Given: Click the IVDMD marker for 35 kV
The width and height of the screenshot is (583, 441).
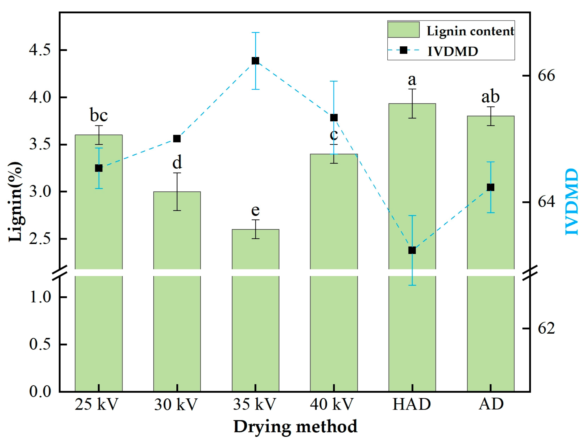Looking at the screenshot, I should pyautogui.click(x=255, y=61).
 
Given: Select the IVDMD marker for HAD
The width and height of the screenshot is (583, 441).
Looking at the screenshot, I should pyautogui.click(x=412, y=250).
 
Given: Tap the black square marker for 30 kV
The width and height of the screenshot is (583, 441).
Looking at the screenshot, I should pyautogui.click(x=177, y=138).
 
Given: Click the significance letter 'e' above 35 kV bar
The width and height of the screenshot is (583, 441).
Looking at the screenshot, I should pyautogui.click(x=255, y=210).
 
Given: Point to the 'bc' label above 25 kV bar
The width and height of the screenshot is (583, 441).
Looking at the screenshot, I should pyautogui.click(x=99, y=115).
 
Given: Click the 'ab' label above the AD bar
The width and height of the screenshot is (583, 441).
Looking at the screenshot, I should pyautogui.click(x=491, y=97).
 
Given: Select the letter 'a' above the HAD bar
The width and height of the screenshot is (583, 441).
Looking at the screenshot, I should pyautogui.click(x=412, y=80).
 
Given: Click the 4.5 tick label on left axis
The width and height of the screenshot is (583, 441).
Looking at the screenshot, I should pyautogui.click(x=40, y=50).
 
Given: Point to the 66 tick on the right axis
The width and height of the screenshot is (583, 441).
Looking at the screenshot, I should pyautogui.click(x=546, y=76).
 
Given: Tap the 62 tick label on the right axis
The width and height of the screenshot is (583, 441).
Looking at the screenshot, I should pyautogui.click(x=546, y=328).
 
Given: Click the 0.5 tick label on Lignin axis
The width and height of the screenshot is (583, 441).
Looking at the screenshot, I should pyautogui.click(x=40, y=345).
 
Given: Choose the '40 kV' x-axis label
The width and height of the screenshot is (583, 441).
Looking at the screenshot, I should pyautogui.click(x=332, y=405).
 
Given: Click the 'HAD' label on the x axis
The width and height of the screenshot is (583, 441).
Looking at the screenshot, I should pyautogui.click(x=412, y=405).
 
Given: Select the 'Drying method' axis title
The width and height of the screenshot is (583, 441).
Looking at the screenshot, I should pyautogui.click(x=295, y=427).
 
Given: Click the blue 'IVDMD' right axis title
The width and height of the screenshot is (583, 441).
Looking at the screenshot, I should pyautogui.click(x=572, y=202).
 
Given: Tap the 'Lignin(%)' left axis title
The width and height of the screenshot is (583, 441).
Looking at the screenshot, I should pyautogui.click(x=15, y=202).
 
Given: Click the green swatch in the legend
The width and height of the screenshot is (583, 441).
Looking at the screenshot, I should pyautogui.click(x=403, y=30).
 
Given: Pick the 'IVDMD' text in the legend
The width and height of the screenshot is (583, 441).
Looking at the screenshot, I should pyautogui.click(x=453, y=51).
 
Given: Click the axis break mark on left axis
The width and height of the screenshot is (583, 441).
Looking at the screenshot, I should pyautogui.click(x=60, y=273).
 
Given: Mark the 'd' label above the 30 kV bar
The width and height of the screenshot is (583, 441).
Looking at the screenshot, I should pyautogui.click(x=177, y=162).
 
